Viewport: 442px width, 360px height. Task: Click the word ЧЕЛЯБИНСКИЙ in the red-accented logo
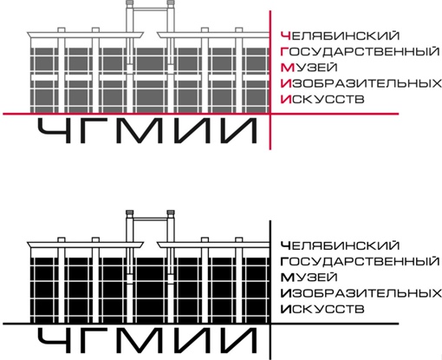point(340,36)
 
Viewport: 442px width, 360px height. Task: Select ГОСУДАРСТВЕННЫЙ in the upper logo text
point(360,51)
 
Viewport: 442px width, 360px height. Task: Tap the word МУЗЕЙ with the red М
point(309,68)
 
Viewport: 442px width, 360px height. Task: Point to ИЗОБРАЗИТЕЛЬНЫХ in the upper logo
point(361,83)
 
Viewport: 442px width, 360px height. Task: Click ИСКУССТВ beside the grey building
point(322,100)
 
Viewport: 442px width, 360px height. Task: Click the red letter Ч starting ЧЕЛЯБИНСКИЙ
point(285,36)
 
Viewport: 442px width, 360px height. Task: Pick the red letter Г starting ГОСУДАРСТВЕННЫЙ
point(284,51)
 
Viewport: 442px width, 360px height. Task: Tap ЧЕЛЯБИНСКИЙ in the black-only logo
point(340,245)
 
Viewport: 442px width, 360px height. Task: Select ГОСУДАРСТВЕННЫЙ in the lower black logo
point(360,261)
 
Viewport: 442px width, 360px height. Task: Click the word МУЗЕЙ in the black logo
point(309,278)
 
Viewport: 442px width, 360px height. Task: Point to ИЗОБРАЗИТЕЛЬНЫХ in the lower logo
point(361,293)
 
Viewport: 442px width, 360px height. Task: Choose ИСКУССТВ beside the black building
point(322,310)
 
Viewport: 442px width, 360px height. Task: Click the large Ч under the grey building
point(55,131)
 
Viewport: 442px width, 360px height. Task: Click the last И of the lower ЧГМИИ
point(237,341)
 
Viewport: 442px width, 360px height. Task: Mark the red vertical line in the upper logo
point(270,80)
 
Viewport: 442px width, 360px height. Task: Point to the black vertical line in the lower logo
point(270,290)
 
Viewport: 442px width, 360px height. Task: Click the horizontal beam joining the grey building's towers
point(150,10)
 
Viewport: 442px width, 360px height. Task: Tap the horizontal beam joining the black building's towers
point(150,219)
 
